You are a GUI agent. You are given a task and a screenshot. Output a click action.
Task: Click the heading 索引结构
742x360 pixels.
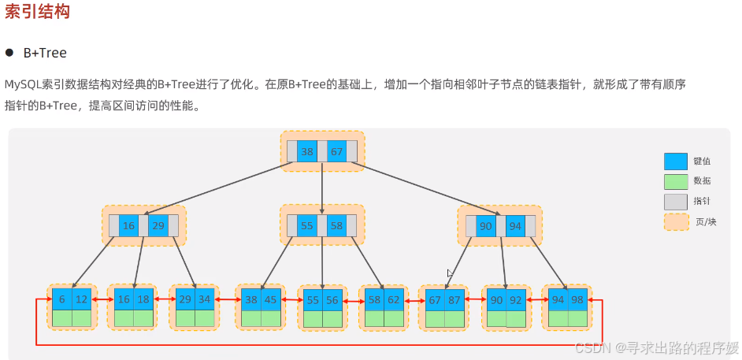click(x=37, y=12)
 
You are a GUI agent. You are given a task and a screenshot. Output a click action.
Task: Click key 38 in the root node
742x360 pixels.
click(x=307, y=151)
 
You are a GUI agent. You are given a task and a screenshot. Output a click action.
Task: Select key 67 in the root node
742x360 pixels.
click(x=336, y=151)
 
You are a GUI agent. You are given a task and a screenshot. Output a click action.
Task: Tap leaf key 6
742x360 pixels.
click(x=62, y=299)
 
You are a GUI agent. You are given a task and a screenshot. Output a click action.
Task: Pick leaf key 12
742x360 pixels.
click(x=82, y=299)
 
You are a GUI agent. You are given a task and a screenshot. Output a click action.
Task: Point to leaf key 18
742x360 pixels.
click(x=143, y=299)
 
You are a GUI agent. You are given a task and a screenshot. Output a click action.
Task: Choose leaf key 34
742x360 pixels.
click(x=205, y=299)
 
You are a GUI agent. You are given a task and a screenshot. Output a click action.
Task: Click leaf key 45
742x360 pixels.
click(x=271, y=299)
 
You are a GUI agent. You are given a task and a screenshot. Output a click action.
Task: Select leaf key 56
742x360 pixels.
click(x=333, y=300)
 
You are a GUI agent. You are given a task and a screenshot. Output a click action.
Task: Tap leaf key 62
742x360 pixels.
click(x=394, y=300)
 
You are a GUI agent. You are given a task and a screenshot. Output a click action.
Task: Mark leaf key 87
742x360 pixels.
click(x=454, y=300)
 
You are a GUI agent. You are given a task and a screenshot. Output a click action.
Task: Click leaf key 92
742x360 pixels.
click(x=515, y=300)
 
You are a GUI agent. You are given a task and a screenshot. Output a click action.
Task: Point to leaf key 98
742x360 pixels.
click(x=577, y=300)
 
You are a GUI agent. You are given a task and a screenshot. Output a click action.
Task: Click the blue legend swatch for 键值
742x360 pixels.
click(x=676, y=161)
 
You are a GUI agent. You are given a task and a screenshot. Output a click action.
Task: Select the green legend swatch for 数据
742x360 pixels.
click(x=676, y=181)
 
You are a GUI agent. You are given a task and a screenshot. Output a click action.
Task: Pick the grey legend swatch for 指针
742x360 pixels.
click(x=676, y=202)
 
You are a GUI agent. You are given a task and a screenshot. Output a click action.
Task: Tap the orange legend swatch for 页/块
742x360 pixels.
click(x=676, y=222)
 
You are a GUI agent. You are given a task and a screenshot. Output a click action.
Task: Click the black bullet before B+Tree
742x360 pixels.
click(x=10, y=53)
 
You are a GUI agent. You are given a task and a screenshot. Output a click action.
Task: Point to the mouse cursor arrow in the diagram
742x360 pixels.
click(x=450, y=273)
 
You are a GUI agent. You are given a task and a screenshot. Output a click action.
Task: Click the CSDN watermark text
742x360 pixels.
click(x=656, y=347)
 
